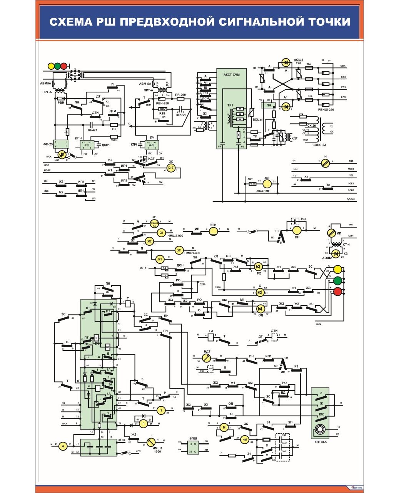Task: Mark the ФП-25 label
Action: pyautogui.click(x=48, y=144)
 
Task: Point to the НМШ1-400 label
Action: pyautogui.click(x=192, y=253)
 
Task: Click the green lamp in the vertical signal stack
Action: pyautogui.click(x=337, y=280)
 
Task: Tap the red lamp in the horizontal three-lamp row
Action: pyautogui.click(x=64, y=66)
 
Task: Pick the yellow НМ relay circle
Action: pyautogui.click(x=245, y=440)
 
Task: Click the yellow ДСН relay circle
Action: pyautogui.click(x=267, y=184)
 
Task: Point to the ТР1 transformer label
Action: pyautogui.click(x=230, y=105)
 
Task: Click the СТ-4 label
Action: pyautogui.click(x=346, y=245)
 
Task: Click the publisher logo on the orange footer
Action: pyautogui.click(x=356, y=488)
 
